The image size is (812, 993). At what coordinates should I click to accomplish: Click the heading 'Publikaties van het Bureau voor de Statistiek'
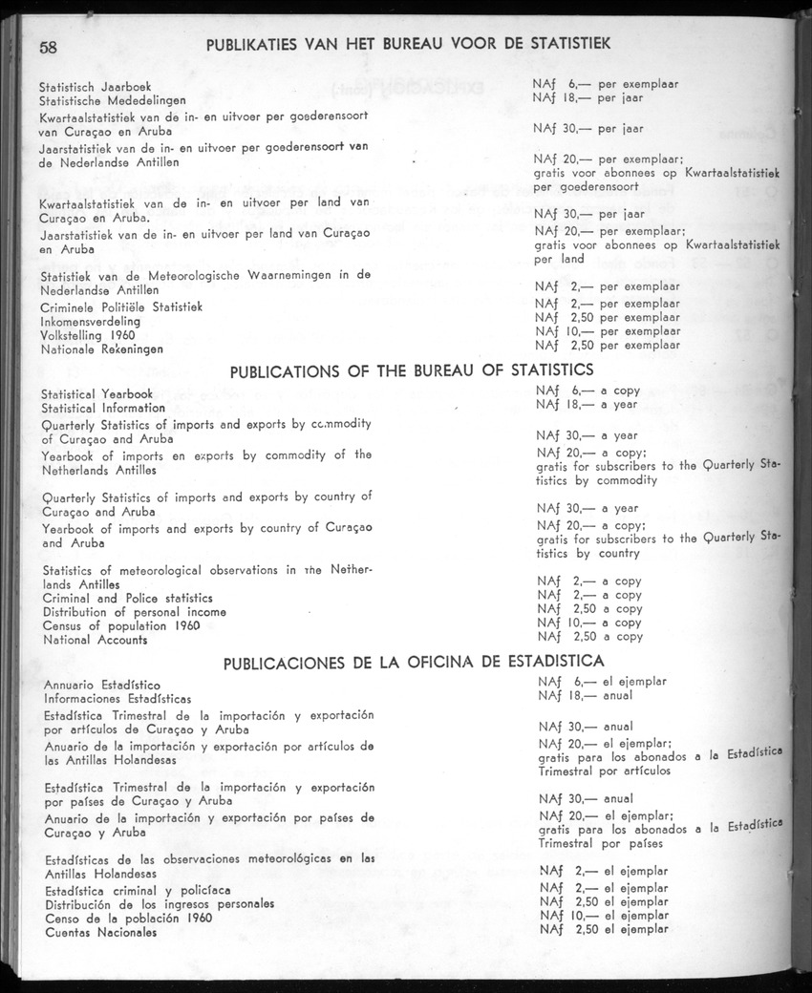click(408, 43)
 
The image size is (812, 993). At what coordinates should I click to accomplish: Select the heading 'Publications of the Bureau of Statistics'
click(413, 370)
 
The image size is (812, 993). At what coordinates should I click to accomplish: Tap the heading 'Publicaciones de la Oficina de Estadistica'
click(413, 661)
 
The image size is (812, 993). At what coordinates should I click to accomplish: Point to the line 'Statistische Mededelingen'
click(113, 100)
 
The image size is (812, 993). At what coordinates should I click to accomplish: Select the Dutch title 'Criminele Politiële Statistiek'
click(120, 307)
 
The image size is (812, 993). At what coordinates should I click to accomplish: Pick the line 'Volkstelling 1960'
click(88, 335)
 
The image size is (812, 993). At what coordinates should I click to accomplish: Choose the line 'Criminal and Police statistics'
click(128, 598)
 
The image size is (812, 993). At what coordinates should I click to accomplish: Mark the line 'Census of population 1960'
click(120, 625)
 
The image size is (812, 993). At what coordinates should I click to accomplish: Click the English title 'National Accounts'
click(96, 639)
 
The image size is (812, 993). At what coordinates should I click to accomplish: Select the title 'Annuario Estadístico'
click(102, 685)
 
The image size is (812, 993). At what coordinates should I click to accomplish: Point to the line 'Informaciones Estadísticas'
click(118, 698)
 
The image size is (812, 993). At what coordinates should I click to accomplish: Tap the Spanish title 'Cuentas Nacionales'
click(100, 932)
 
